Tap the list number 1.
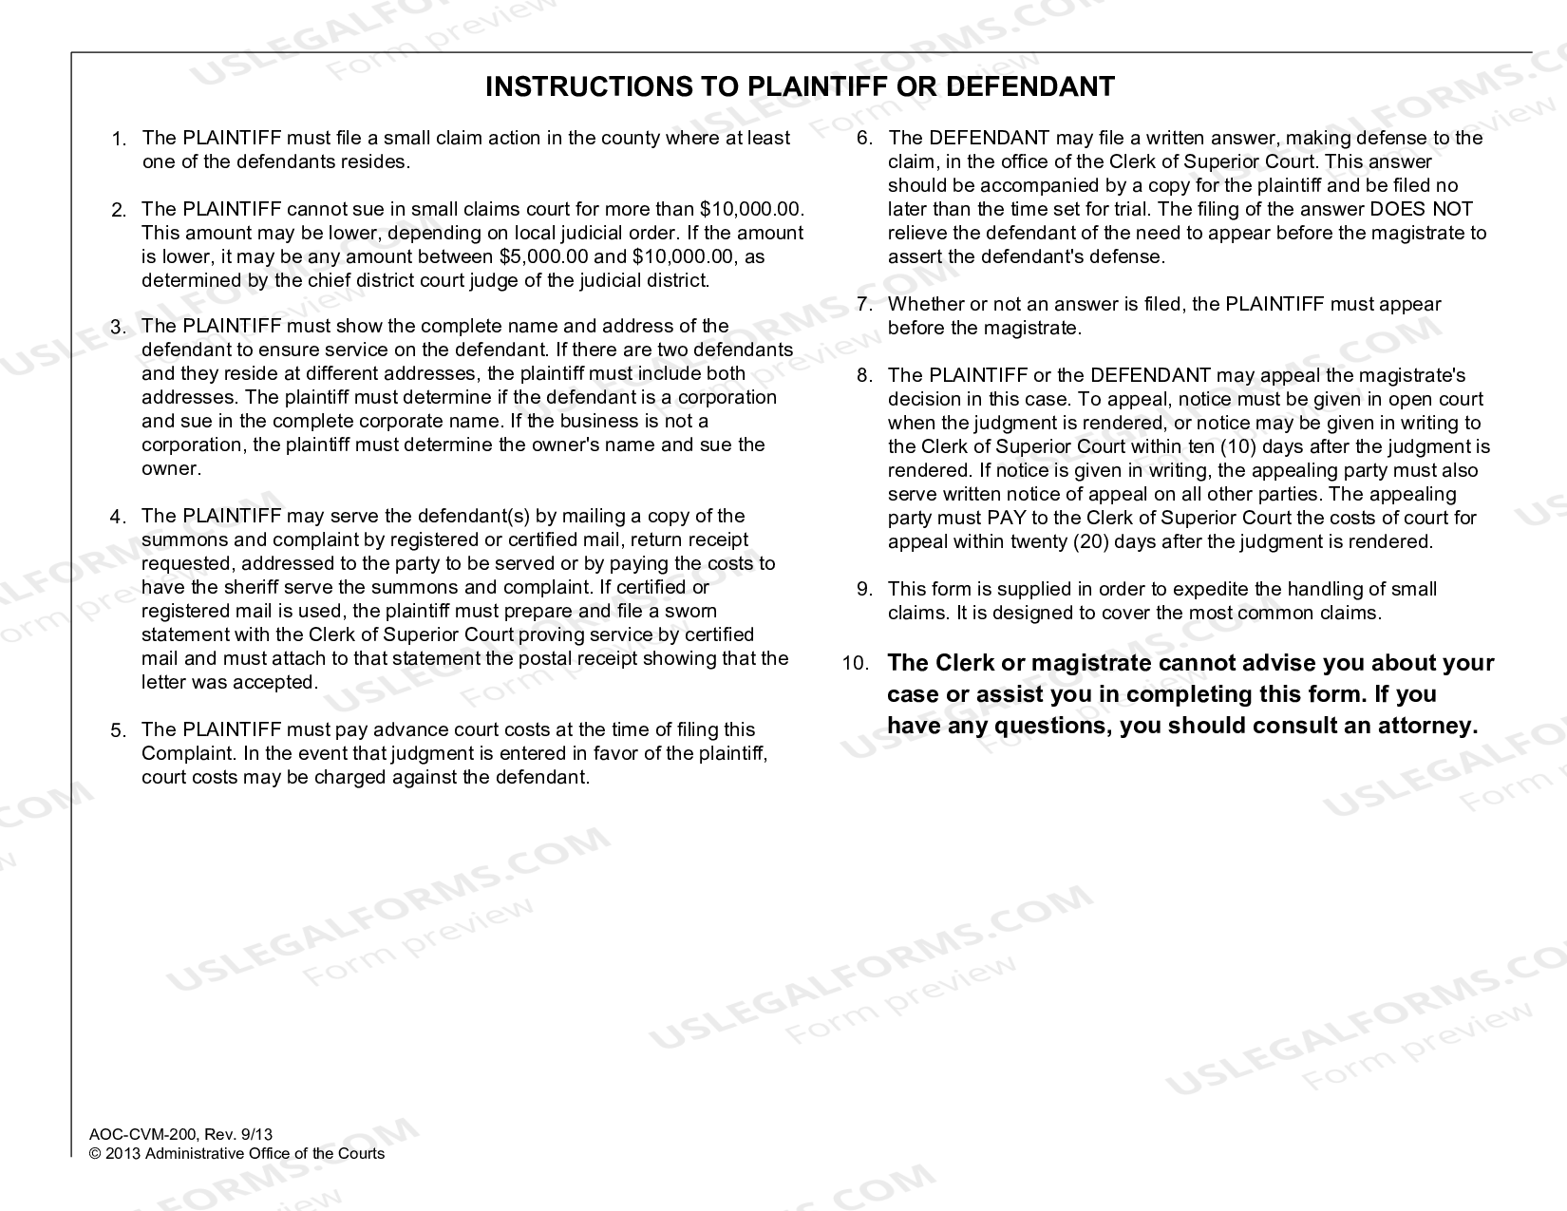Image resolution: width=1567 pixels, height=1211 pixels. point(118,140)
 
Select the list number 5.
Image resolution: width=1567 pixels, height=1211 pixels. point(118,731)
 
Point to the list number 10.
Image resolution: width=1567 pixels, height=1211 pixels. point(855,664)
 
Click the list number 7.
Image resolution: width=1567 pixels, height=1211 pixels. point(864,305)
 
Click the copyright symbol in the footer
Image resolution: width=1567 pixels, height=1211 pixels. point(94,1154)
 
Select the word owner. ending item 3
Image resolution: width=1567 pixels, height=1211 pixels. point(172,468)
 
